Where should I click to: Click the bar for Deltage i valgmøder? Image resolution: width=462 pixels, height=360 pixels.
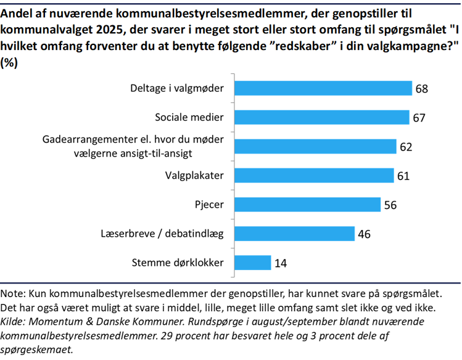coord(324,88)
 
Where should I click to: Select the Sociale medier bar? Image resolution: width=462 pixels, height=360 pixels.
coord(323,117)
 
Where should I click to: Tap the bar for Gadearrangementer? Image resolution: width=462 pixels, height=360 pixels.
coord(316,146)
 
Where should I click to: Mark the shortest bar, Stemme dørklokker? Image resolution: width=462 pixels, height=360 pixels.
coord(253,263)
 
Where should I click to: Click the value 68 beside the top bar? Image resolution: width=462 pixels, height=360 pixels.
coord(421,89)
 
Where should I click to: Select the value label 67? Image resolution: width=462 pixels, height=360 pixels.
coord(419,118)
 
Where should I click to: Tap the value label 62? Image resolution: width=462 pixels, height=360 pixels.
coord(405,147)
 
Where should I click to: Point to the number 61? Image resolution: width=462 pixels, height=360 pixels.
coord(403,176)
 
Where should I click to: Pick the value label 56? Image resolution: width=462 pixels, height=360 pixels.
coord(390,205)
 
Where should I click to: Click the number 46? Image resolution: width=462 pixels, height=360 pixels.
coord(364,234)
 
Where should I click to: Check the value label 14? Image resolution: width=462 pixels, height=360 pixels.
coord(280,263)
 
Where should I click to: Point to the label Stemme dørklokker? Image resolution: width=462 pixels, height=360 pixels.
coord(178,263)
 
